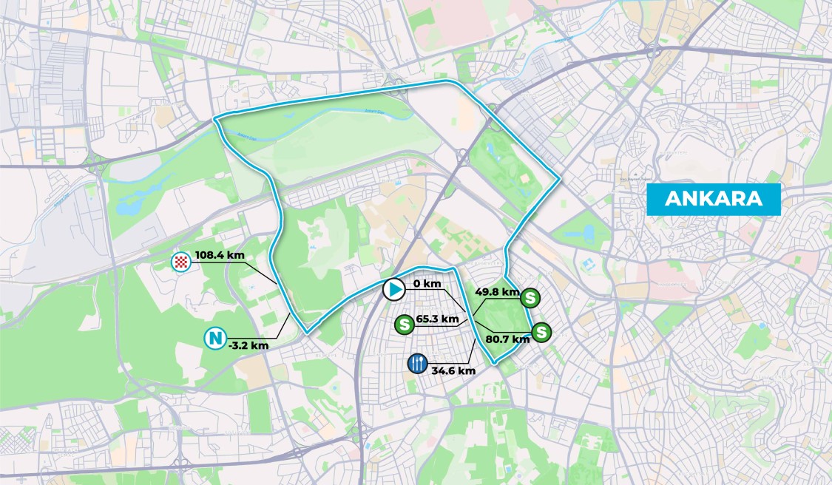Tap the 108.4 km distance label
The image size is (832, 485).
pos(220,256)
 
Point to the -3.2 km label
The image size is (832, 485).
pos(248,345)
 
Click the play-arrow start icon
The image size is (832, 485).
pos(393,289)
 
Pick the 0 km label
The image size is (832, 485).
pos(427,284)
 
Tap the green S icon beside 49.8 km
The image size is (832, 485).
pos(530,298)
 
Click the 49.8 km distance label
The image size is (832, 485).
pos(497,292)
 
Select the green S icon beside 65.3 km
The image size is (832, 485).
pos(404,324)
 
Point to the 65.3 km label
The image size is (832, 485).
pos(438,319)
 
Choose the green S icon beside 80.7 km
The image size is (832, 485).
pos(541,332)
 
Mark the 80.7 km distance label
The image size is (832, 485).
pos(508,339)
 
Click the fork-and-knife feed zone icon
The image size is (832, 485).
pos(417,364)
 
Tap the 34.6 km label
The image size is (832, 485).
pos(453,370)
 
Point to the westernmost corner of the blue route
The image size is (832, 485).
pos(214,119)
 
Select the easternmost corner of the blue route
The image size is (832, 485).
pos(560,178)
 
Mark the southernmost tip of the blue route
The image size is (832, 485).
pos(494,362)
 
